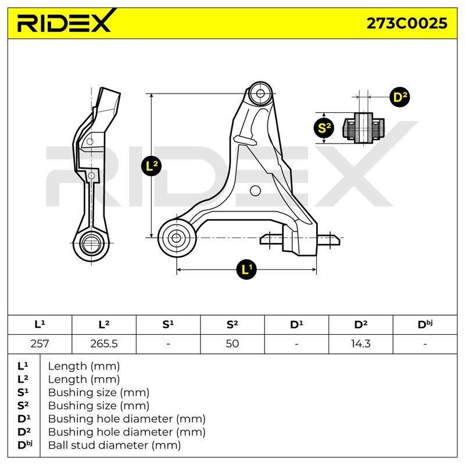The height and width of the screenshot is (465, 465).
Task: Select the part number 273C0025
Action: coord(407,23)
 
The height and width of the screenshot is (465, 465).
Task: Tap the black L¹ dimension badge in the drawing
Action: coord(246,270)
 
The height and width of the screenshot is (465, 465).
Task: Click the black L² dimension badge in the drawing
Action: coord(152,166)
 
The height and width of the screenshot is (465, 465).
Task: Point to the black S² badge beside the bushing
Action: coord(324,128)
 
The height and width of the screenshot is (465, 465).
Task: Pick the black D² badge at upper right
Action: coord(400,97)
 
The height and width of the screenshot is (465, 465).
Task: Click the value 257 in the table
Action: coord(40,344)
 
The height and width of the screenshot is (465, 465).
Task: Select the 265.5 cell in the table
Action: coord(104,344)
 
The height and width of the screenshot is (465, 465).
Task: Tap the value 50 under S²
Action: coord(232,344)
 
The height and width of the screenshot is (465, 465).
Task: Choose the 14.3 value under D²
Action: coord(360,344)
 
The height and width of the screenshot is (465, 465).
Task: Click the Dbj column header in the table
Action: coord(425,324)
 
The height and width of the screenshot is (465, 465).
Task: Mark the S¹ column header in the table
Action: coord(168,324)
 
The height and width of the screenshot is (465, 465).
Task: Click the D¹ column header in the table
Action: coord(296,324)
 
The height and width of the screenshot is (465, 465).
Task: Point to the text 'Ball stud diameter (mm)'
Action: coord(115,445)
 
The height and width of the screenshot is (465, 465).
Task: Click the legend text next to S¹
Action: coord(98,392)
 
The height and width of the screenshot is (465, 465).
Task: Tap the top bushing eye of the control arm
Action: coord(260,93)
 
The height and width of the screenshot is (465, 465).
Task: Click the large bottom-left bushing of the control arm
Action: coord(177,238)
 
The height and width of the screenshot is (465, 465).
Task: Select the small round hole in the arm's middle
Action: coord(255,191)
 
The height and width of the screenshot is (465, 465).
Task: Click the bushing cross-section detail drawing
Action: coord(364,128)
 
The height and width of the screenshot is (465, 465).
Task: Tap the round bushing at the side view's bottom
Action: coord(91,244)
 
